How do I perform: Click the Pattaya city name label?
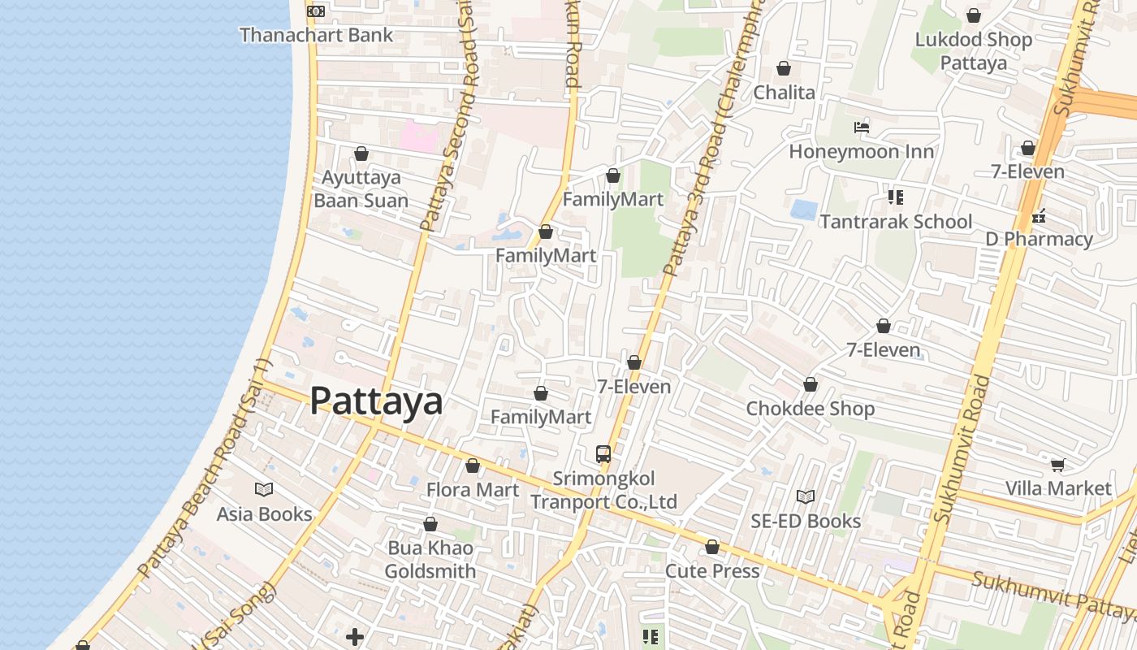click(376, 401)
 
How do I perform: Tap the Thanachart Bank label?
click(316, 35)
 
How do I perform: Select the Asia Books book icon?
click(264, 489)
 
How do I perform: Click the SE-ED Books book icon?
click(805, 496)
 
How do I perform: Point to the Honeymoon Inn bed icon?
click(862, 128)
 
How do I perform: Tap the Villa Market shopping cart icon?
click(1057, 465)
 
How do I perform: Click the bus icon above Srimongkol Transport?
click(603, 454)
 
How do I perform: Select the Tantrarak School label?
click(896, 222)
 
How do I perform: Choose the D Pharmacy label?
click(1039, 239)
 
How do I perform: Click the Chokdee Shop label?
click(810, 409)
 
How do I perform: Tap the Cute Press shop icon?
click(712, 548)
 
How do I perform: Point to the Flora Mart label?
click(473, 490)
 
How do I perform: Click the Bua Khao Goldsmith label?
click(430, 559)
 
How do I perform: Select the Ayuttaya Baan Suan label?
click(361, 188)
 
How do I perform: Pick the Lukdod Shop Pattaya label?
click(973, 51)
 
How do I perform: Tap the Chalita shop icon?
click(784, 68)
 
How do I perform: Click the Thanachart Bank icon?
click(316, 11)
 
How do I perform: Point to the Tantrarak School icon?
click(896, 197)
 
